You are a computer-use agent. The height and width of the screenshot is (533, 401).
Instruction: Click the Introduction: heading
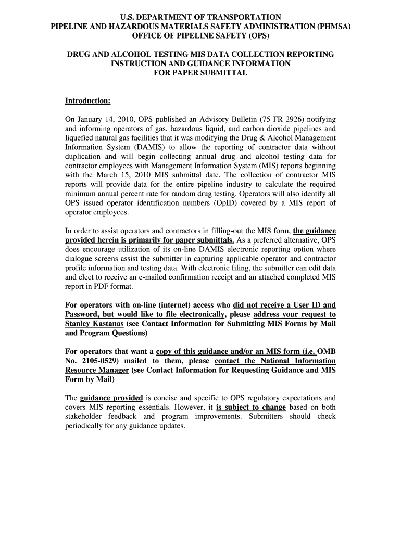pos(87,100)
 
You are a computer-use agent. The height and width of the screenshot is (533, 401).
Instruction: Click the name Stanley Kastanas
pos(94,324)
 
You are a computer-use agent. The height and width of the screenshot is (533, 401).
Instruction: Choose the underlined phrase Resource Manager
pos(97,370)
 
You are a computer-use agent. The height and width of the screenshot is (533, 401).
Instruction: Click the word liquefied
pos(80,138)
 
